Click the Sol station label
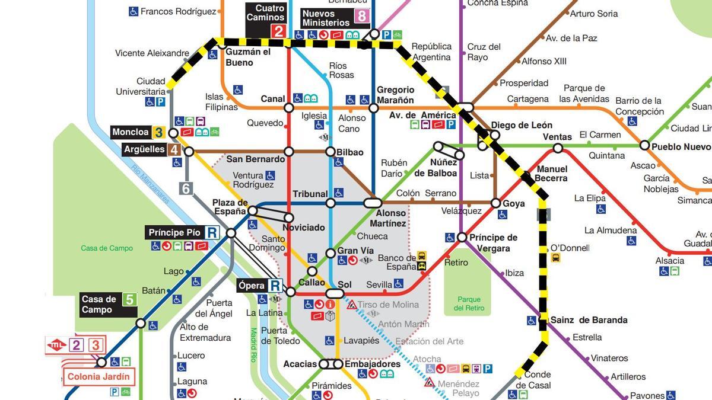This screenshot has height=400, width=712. point(345,284)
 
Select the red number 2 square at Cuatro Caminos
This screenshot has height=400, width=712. point(278,32)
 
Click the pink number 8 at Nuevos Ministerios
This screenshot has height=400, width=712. point(361,16)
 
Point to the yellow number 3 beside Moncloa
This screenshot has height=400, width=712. point(158,132)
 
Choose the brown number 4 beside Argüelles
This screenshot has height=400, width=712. point(174,149)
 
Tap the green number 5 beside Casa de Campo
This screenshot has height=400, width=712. point(129,299)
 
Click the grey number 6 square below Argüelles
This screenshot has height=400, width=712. point(186,188)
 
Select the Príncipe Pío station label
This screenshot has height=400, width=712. point(175,233)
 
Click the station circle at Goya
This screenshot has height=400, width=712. point(496,203)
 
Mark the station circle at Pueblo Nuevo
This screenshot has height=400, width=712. point(644,145)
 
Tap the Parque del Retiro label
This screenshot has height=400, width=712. point(469,303)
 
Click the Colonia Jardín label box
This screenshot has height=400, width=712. point(98,377)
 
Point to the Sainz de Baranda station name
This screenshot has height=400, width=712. point(589,320)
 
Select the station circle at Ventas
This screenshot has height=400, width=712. point(558,148)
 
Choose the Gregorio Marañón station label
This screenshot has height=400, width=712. point(395,95)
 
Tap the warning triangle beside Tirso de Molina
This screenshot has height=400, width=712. point(352,305)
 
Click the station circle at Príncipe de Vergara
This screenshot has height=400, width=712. point(462,237)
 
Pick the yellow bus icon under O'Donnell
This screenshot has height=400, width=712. point(556,258)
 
